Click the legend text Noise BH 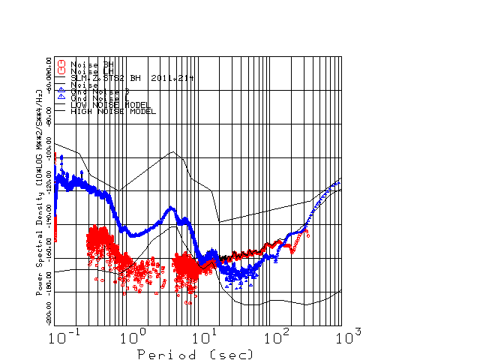[x=91, y=64]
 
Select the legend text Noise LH [x=91, y=70]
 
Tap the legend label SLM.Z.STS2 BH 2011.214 [x=130, y=77]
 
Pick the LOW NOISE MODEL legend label [x=110, y=105]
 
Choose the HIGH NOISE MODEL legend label [x=113, y=112]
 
